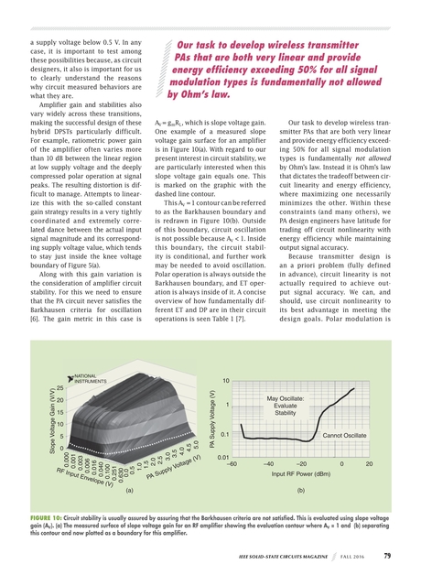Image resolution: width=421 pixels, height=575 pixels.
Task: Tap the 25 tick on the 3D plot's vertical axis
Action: coord(47,389)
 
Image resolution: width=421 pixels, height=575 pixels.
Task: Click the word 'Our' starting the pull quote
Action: coord(189,42)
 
